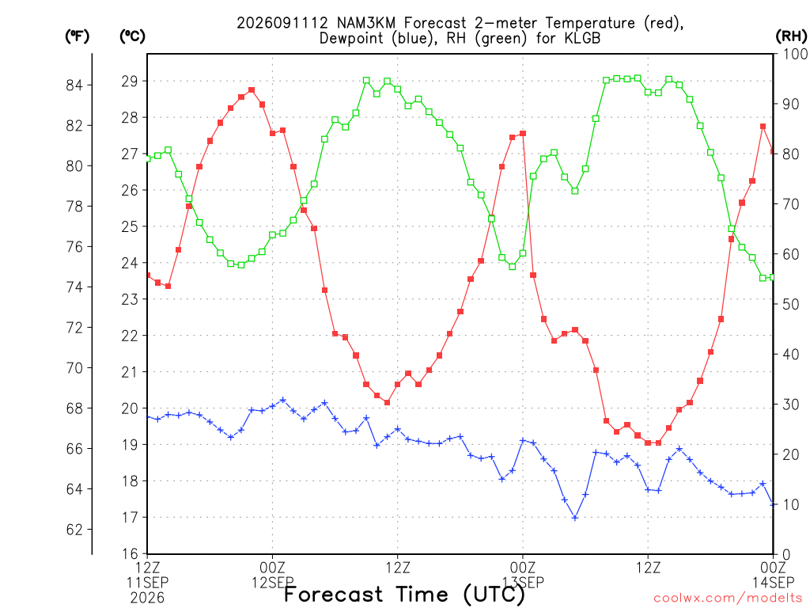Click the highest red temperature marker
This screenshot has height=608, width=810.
coord(252,90)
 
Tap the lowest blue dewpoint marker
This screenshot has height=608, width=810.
coord(575,518)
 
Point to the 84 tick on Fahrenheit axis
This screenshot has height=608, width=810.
coord(74,85)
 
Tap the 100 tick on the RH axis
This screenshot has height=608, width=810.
coord(795,54)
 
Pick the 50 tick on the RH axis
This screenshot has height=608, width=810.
coord(791,305)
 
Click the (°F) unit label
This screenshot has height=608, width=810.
coord(77,36)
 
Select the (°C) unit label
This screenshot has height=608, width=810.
coord(132,36)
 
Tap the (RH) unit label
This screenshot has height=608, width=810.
coord(791,36)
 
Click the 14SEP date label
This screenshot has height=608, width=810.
coord(773,583)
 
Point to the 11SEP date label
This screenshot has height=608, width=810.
coord(147,583)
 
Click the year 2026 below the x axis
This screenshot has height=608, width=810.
coord(147,598)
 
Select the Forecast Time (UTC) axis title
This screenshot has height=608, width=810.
coord(404,595)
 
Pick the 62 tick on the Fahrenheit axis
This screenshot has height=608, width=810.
coord(74,530)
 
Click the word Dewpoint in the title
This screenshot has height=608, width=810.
coord(351,39)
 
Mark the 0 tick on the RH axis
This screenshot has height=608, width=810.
coord(787,555)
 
